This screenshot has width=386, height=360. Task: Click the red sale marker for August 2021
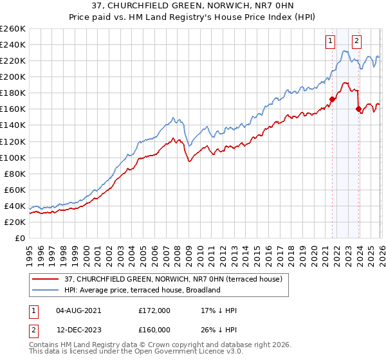pos(333,99)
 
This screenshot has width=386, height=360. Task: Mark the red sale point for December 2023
pos(358,109)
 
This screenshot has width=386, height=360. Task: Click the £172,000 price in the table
pos(154,310)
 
